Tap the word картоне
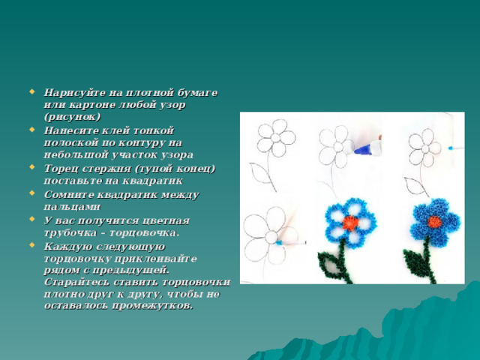(x=91, y=105)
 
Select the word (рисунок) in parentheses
(x=72, y=117)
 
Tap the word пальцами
(x=72, y=207)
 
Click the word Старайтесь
(x=76, y=282)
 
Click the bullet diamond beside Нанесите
(x=31, y=130)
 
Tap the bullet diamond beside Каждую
(x=31, y=245)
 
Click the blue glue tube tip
(x=363, y=150)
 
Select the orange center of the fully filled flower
(x=434, y=222)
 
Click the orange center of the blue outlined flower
(x=351, y=223)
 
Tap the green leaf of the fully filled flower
(x=415, y=262)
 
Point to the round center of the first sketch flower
(x=276, y=137)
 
